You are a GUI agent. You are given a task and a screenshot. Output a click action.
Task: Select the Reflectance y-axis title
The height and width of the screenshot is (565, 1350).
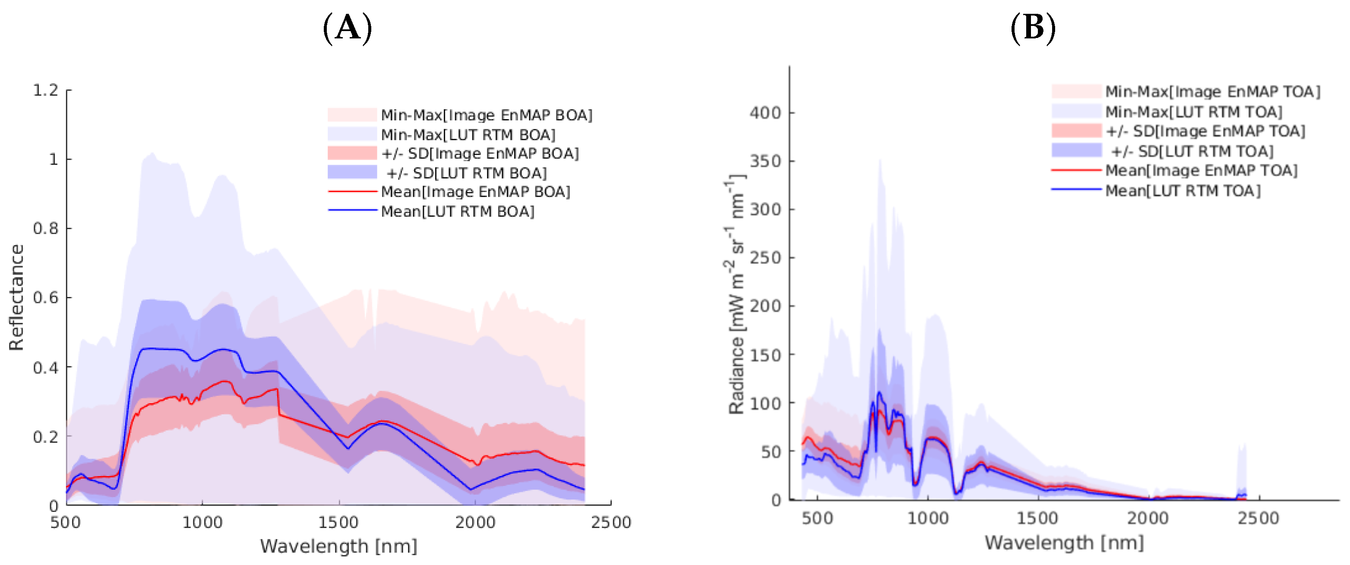pos(16,297)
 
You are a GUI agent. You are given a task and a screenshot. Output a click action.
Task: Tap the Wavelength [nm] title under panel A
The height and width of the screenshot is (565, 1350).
pos(338,546)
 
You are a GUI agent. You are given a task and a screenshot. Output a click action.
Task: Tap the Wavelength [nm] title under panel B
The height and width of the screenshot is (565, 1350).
pos(1064,542)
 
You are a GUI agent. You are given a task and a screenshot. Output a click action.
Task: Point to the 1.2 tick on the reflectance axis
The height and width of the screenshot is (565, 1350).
pos(46,90)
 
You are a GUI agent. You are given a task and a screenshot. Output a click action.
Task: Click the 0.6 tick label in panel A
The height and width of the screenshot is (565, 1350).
pos(46,297)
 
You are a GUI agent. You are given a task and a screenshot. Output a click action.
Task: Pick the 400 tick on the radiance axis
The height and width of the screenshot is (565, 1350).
pos(765,113)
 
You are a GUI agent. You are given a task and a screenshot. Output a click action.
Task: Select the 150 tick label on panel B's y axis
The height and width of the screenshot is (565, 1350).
pos(765,355)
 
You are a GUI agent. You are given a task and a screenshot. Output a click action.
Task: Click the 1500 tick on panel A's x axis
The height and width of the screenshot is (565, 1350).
pos(338,522)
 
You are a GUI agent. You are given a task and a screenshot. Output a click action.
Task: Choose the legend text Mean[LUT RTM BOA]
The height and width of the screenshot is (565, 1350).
pos(458,211)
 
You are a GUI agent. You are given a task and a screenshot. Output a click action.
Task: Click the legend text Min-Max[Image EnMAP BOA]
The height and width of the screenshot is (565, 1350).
pos(486,115)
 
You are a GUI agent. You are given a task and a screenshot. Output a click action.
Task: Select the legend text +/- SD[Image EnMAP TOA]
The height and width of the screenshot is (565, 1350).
pos(1205,131)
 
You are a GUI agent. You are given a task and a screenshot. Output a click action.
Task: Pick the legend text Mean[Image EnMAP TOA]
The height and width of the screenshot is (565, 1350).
pos(1201,170)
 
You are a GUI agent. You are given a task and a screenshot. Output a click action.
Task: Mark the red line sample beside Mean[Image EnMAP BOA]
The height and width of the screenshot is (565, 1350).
pos(352,192)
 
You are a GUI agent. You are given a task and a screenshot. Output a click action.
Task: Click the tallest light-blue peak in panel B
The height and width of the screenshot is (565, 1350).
pos(880,162)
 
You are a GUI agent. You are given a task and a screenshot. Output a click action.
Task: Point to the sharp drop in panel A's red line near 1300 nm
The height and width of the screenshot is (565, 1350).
pos(278,403)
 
